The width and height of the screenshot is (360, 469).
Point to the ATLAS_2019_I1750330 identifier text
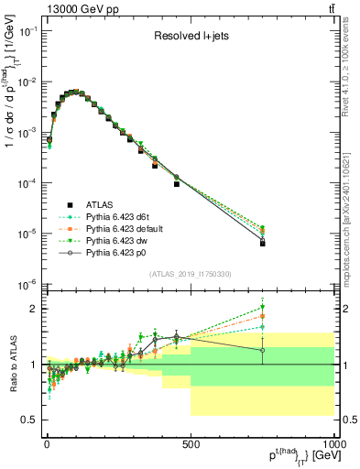pyautogui.click(x=191, y=274)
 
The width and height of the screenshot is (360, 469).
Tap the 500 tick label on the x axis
pyautogui.click(x=191, y=443)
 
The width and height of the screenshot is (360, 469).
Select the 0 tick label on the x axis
pyautogui.click(x=47, y=443)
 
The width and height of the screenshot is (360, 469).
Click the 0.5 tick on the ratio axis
pyautogui.click(x=29, y=420)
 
